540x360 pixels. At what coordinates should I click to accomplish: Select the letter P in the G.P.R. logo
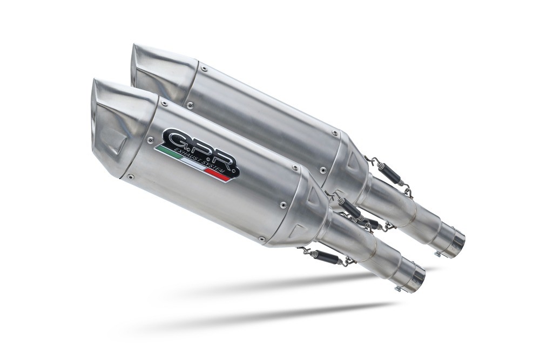202,149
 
